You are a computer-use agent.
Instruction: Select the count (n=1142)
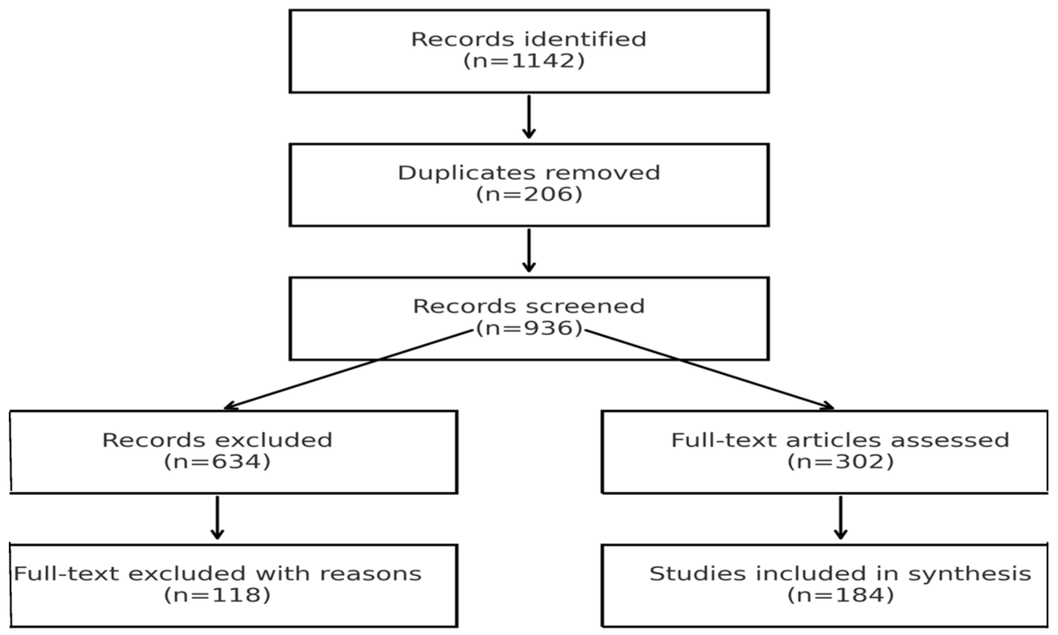tap(529, 61)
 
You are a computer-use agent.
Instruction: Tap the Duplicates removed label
tap(529, 172)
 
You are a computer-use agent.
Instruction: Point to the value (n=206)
tap(529, 194)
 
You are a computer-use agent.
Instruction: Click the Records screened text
tap(529, 307)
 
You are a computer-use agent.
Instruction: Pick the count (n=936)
tap(529, 329)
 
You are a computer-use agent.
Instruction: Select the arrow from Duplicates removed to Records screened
tap(529, 250)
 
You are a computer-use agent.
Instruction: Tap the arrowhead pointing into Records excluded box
tap(231, 407)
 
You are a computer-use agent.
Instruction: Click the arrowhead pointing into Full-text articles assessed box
tap(826, 407)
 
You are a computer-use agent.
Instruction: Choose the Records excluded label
tap(217, 439)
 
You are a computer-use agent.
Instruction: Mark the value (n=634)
tap(217, 461)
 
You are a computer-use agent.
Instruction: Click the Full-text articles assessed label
tap(840, 439)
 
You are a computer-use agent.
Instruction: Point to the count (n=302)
tap(840, 461)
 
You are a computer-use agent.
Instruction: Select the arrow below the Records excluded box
tap(217, 518)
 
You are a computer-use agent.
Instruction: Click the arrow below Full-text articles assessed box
tap(840, 518)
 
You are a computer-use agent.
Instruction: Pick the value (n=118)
tap(217, 595)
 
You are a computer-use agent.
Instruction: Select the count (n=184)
tap(840, 595)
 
